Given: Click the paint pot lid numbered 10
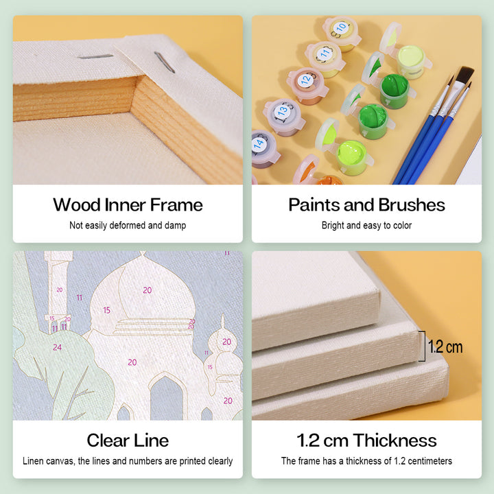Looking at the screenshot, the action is (340, 29).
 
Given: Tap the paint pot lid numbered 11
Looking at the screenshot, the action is (325, 54).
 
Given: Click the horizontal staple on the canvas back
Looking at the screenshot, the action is (95, 57).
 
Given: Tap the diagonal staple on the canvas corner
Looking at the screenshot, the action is (165, 62).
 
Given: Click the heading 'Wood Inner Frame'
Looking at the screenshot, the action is (128, 204).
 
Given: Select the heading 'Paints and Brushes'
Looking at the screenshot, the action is (366, 204).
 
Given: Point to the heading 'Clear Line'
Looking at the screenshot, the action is (128, 440).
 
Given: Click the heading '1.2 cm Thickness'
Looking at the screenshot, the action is (366, 440).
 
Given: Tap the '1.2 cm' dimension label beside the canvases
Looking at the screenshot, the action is (445, 347).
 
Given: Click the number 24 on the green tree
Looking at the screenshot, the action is (57, 347).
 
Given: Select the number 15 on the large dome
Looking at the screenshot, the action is (107, 310).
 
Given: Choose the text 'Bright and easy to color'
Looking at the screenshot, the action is (366, 225).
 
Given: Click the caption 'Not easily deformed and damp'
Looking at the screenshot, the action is (128, 225).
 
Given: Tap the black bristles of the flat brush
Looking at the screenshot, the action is (464, 75).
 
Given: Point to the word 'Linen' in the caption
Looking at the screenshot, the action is (33, 461).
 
